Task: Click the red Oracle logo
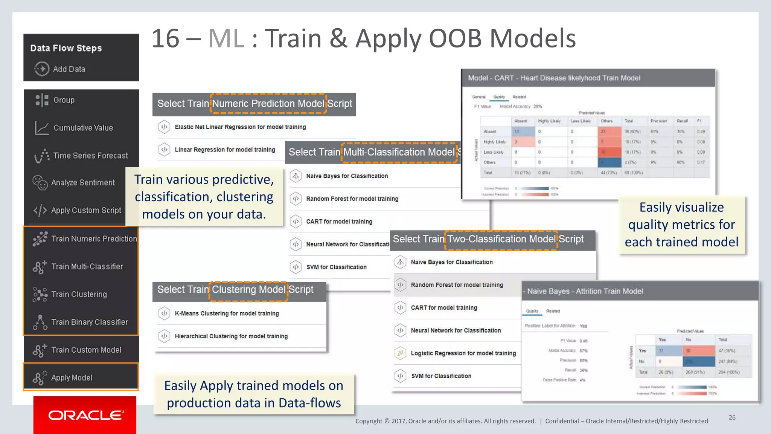85,415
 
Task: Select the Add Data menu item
69,69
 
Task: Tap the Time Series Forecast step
90,156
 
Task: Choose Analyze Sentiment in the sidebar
82,183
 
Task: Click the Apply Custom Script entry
86,210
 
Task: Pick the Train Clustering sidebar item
79,294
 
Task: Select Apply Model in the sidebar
72,377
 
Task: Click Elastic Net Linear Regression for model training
240,127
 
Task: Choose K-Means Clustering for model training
227,313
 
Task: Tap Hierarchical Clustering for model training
231,336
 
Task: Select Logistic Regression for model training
463,353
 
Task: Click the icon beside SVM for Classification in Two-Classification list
400,376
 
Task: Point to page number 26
732,417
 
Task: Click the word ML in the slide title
226,38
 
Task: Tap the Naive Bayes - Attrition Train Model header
585,291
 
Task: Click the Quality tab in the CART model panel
499,97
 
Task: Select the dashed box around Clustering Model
248,291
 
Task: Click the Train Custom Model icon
40,350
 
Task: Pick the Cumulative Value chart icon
41,128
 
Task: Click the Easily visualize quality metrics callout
681,225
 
